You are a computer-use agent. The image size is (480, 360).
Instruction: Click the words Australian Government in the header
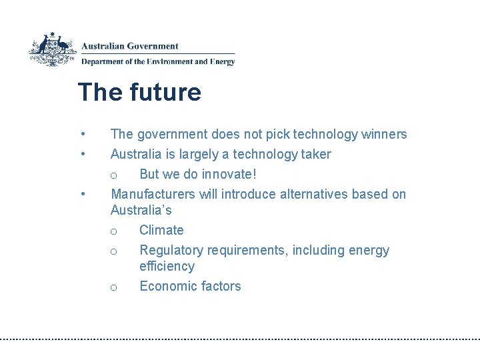[130, 47]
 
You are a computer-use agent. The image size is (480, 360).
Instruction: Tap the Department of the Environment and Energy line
[158, 61]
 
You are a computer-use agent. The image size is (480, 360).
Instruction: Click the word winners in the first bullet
[384, 134]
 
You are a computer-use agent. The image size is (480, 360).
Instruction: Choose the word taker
[314, 154]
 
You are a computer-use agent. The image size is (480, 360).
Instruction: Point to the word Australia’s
[141, 210]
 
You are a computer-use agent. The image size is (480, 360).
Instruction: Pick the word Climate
[161, 230]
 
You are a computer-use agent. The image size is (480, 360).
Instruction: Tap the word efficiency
[167, 266]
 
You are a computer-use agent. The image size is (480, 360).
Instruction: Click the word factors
[219, 286]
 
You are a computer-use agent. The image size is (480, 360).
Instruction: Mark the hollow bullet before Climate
[114, 231]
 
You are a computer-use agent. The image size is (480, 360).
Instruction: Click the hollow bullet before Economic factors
[114, 287]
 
